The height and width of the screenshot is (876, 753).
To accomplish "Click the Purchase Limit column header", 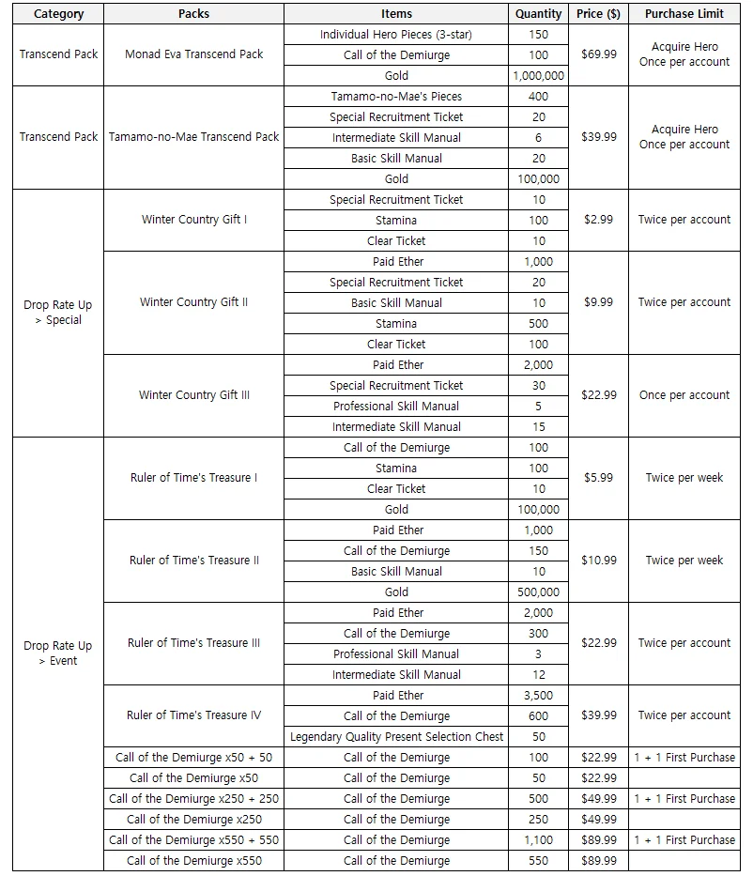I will [x=684, y=14].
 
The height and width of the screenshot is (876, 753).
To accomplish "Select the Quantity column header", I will [x=539, y=14].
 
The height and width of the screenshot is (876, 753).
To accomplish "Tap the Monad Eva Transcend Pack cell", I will [x=194, y=54].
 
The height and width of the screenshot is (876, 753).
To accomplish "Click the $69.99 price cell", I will [x=599, y=54].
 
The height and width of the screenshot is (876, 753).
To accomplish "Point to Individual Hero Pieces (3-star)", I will [x=396, y=35].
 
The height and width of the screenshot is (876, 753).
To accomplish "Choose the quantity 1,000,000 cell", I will [x=539, y=76].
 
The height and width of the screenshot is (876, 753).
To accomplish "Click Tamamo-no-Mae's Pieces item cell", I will [x=396, y=97].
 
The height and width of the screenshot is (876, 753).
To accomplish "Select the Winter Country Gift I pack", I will [x=194, y=220].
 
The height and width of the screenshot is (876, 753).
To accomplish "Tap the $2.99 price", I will [x=599, y=220].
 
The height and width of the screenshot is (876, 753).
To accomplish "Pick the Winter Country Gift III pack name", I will [x=194, y=395].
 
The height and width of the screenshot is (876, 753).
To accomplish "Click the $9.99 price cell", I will [x=599, y=302].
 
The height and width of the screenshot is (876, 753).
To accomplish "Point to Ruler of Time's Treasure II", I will [x=194, y=561].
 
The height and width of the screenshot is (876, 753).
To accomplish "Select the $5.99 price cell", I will [x=599, y=478].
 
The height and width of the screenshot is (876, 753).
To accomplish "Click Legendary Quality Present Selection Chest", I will [x=396, y=737].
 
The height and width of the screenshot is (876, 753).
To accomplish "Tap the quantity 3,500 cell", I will [x=539, y=696].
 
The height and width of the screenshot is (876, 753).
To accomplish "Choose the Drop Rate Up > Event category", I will [x=58, y=653].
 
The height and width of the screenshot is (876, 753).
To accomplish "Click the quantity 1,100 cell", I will [x=539, y=840].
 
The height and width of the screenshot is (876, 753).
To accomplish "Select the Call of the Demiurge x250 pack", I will [x=194, y=820].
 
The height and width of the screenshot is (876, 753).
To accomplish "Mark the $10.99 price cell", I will [x=599, y=561].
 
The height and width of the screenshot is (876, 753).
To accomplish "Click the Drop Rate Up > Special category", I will [x=58, y=313].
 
